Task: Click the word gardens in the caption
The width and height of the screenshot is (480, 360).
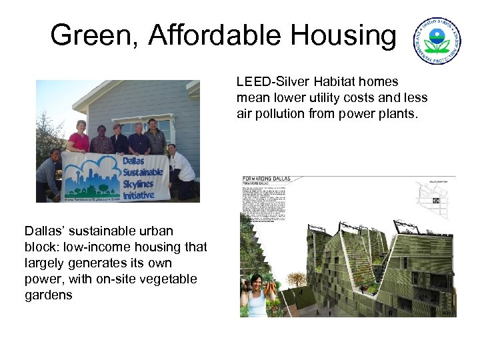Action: tap(49, 295)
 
